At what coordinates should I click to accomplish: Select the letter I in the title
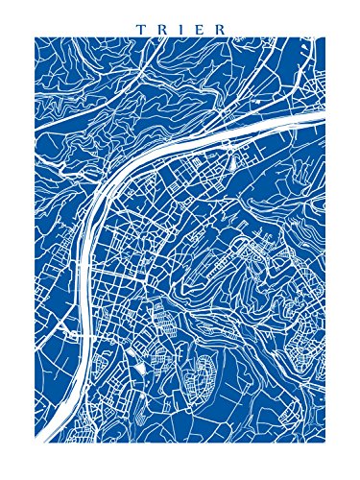tap(179, 28)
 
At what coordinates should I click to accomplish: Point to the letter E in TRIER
tap(198, 28)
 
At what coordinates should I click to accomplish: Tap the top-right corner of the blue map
tap(325, 37)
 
